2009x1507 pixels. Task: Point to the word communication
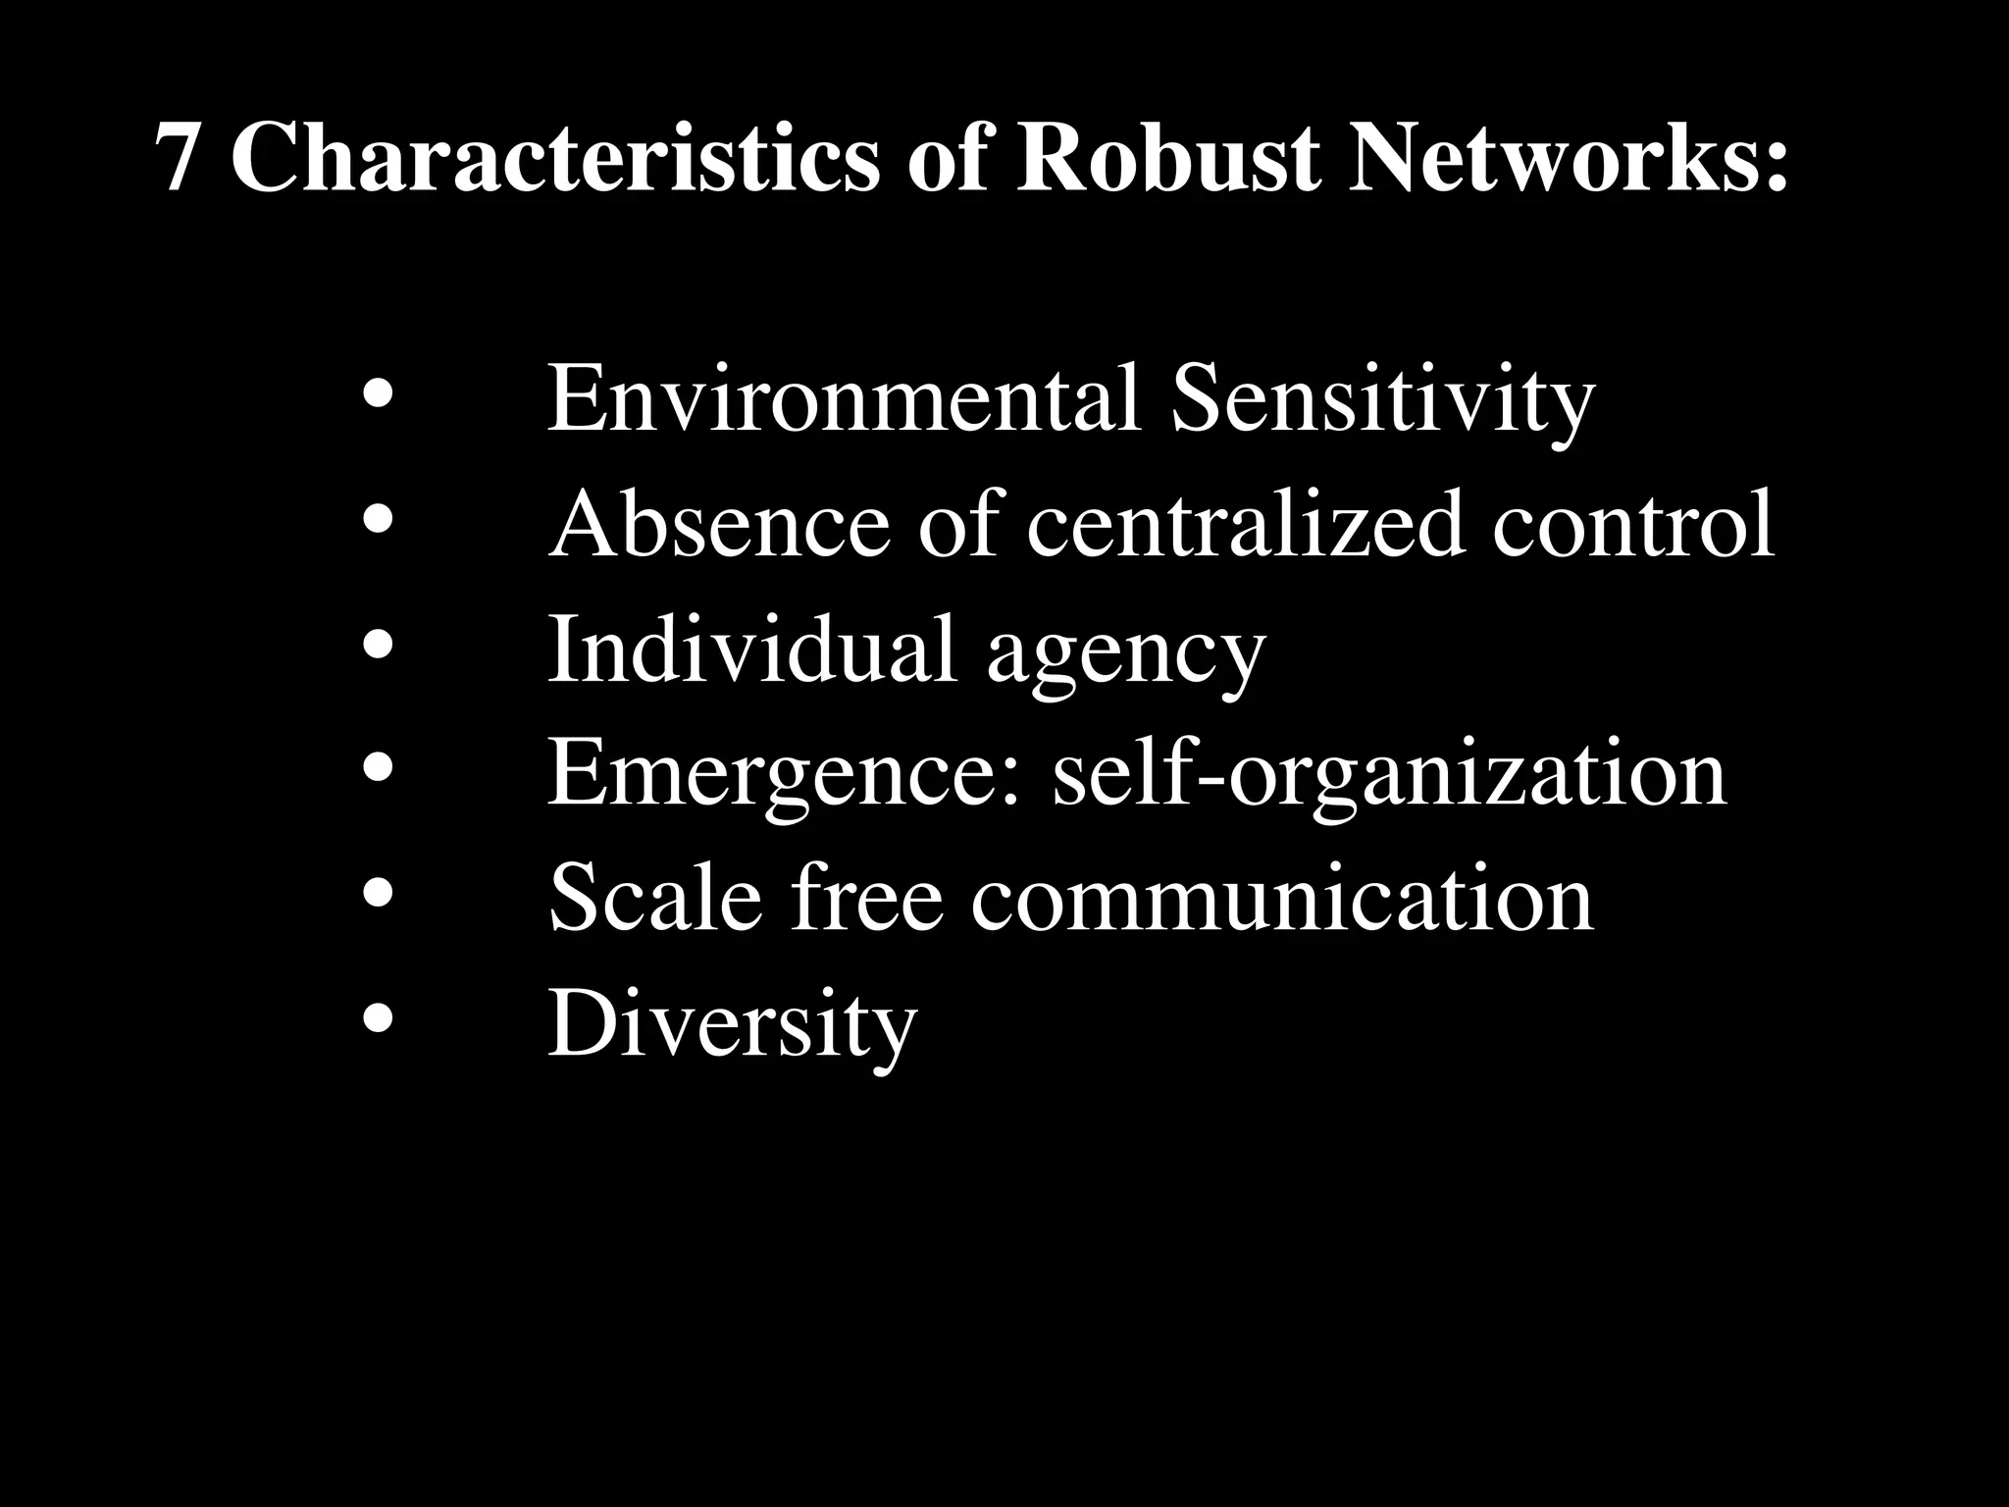[x=1282, y=899]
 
